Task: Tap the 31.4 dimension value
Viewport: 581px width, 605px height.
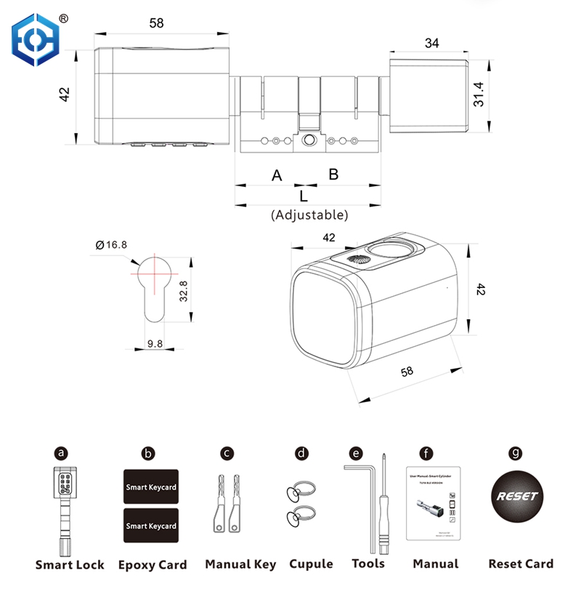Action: tap(479, 94)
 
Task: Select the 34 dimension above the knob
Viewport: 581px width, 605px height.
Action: tap(431, 43)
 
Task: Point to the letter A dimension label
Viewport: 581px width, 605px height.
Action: tap(276, 175)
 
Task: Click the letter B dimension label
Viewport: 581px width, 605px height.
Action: tap(333, 175)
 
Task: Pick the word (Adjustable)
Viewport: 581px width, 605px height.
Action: tap(309, 215)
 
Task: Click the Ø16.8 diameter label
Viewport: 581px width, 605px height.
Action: tap(110, 244)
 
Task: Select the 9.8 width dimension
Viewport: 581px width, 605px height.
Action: tap(155, 344)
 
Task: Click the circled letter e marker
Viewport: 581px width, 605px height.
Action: tap(356, 453)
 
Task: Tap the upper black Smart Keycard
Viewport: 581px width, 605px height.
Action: tap(150, 486)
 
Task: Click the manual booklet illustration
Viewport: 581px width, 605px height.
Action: tap(434, 502)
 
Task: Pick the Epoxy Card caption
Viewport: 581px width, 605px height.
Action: tap(153, 565)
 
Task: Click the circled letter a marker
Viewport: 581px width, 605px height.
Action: tap(62, 453)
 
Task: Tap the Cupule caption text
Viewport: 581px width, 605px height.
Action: tap(311, 564)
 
